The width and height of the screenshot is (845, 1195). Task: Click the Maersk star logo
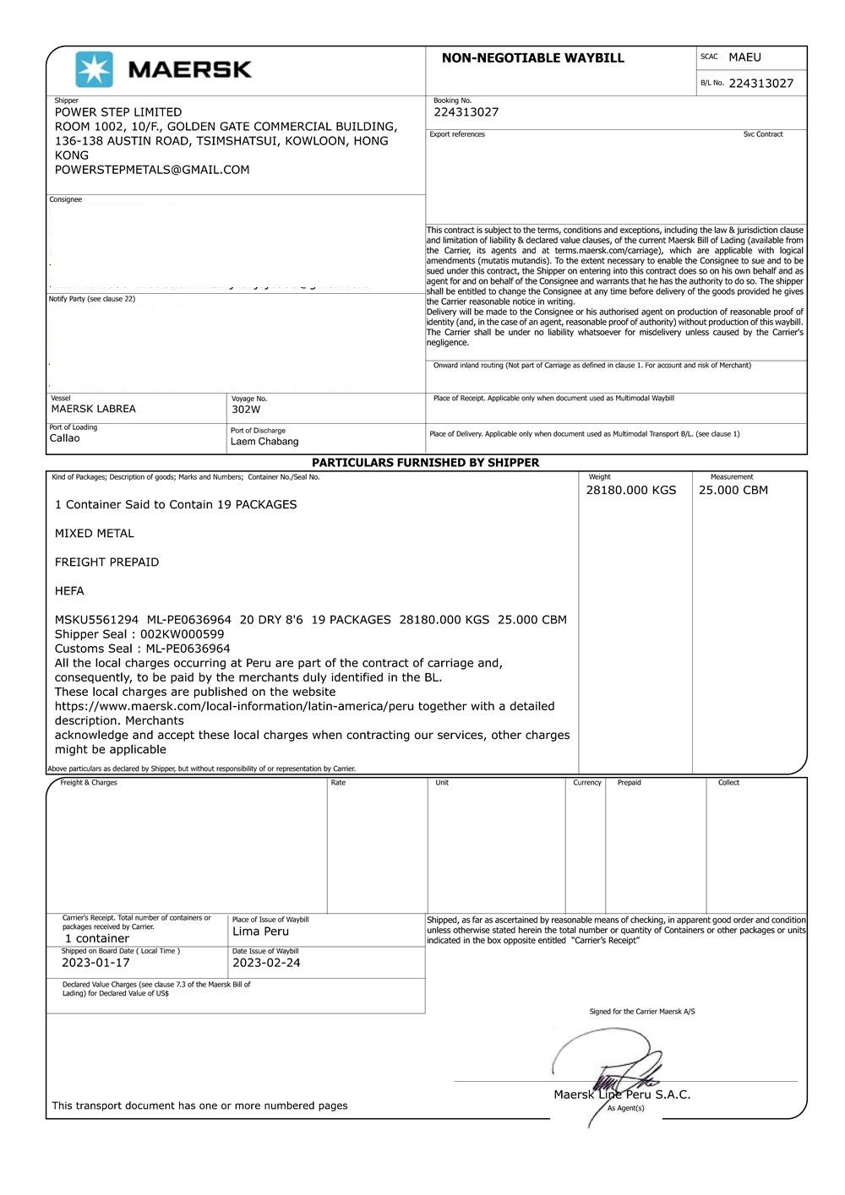[x=94, y=69]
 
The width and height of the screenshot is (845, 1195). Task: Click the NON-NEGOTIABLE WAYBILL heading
[x=532, y=58]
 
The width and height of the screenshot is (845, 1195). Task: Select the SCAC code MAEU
[x=744, y=57]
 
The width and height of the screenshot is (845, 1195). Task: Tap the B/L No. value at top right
[x=760, y=84]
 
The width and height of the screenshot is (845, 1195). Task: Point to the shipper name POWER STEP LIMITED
[x=118, y=112]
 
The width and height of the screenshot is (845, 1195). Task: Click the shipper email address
[x=152, y=170]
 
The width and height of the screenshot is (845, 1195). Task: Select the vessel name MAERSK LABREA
[x=93, y=409]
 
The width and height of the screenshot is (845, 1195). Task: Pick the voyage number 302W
[x=246, y=410]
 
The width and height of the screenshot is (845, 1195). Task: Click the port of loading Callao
[x=65, y=438]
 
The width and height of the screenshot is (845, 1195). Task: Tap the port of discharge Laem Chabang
[x=264, y=442]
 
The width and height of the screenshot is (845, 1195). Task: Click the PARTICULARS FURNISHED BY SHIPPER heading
[x=425, y=463]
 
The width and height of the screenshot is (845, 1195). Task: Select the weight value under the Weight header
[x=631, y=490]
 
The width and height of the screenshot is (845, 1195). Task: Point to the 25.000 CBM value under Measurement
[x=733, y=490]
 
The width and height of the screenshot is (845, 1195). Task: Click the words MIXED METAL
[x=95, y=534]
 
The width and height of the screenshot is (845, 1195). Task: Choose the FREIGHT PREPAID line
[x=106, y=562]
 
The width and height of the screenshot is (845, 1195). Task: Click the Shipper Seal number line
[x=139, y=634]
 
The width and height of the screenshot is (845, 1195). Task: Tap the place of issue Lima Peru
[x=260, y=932]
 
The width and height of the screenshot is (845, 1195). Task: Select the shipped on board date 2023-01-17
[x=95, y=963]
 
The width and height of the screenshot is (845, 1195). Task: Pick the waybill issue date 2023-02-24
[x=266, y=963]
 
